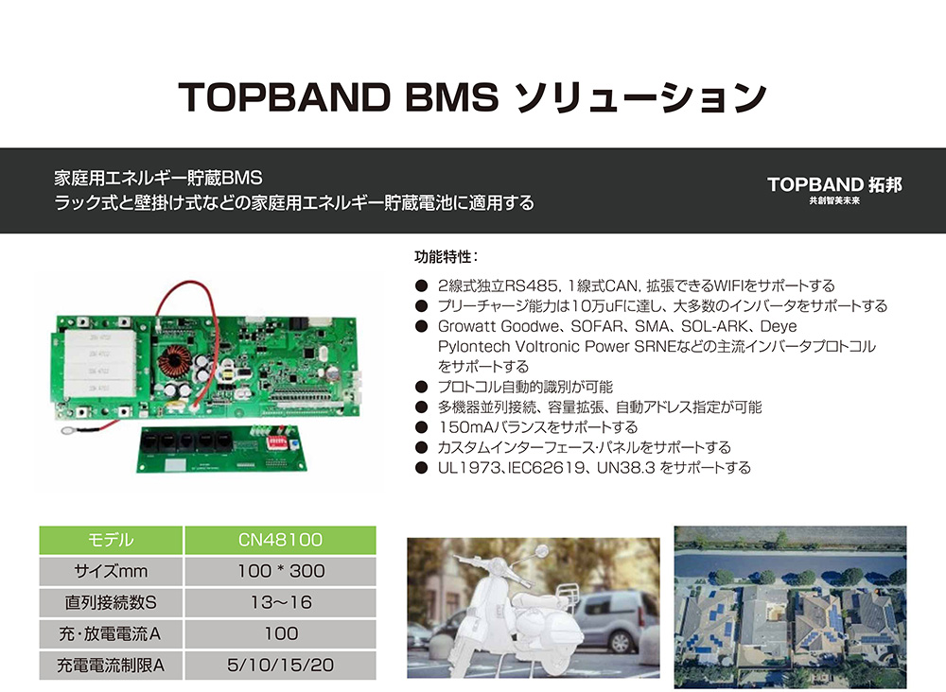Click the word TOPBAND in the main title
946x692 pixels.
284,97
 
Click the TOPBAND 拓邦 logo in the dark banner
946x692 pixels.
834,189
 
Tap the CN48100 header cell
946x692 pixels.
281,540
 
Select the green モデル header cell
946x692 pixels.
111,540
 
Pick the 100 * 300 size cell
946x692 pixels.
281,571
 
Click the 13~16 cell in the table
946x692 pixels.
281,602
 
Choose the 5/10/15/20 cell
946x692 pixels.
281,665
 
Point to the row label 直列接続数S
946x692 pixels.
111,602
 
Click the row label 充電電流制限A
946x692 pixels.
111,665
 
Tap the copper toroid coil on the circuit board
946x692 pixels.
174,363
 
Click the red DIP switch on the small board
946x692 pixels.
277,442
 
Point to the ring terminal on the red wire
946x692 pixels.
66,431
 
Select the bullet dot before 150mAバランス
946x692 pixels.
422,427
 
